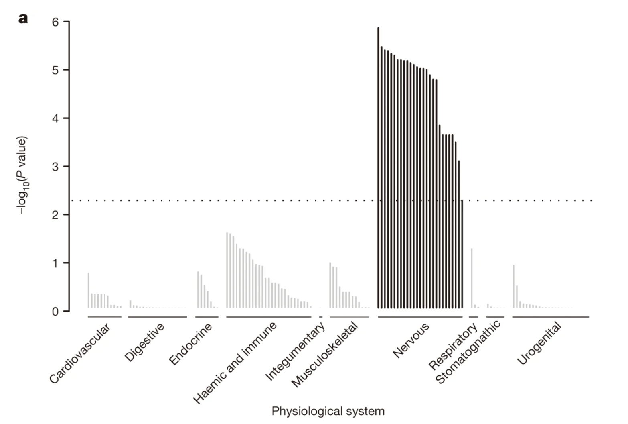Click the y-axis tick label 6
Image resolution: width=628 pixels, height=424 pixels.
[55, 22]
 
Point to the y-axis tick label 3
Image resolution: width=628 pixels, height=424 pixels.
[55, 167]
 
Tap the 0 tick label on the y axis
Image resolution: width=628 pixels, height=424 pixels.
[55, 312]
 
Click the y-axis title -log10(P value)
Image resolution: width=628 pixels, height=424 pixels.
[22, 175]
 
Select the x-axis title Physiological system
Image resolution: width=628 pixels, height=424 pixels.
[328, 411]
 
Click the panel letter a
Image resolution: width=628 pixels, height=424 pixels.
[23, 18]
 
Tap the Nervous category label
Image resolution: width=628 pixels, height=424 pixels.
[411, 340]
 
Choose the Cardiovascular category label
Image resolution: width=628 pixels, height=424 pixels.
[80, 353]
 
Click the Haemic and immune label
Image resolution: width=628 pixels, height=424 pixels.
[235, 362]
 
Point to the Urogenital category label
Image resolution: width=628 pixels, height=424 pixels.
[539, 343]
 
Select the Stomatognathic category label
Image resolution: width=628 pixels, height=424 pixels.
[468, 352]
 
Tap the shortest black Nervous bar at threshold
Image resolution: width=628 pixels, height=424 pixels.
[462, 253]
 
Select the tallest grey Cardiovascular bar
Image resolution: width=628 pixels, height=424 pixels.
[89, 290]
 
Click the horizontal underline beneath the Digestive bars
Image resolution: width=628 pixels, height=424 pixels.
[157, 317]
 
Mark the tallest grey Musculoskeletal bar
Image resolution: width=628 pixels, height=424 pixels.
[330, 285]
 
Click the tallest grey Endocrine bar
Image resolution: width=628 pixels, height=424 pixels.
[198, 289]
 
